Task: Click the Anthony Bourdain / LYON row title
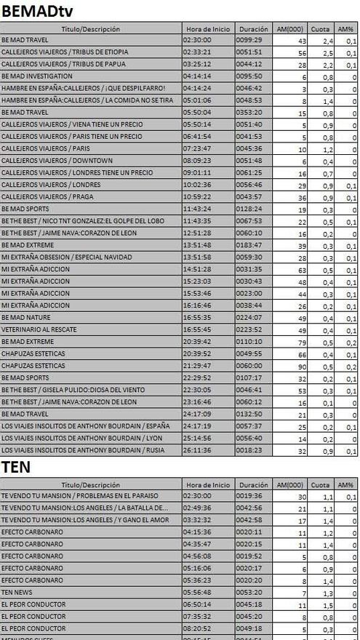click(81, 439)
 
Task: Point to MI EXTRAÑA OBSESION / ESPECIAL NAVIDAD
click(67, 257)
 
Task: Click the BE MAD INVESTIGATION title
click(37, 76)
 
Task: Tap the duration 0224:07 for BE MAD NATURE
click(249, 318)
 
